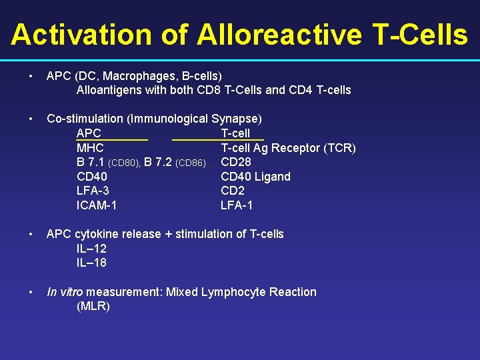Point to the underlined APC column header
click(x=89, y=133)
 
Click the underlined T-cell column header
click(x=235, y=133)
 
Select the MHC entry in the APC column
click(x=90, y=148)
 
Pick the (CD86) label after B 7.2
click(x=190, y=163)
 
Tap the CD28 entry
click(x=236, y=162)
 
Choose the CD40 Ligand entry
click(x=255, y=177)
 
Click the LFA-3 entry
click(x=93, y=191)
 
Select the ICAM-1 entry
click(x=97, y=205)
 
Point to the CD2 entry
click(x=233, y=191)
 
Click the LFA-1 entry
click(x=237, y=205)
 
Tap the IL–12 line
click(x=91, y=248)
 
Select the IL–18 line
click(x=91, y=263)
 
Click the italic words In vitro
click(x=65, y=292)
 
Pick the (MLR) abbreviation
click(x=93, y=307)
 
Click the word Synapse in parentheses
click(x=236, y=119)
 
